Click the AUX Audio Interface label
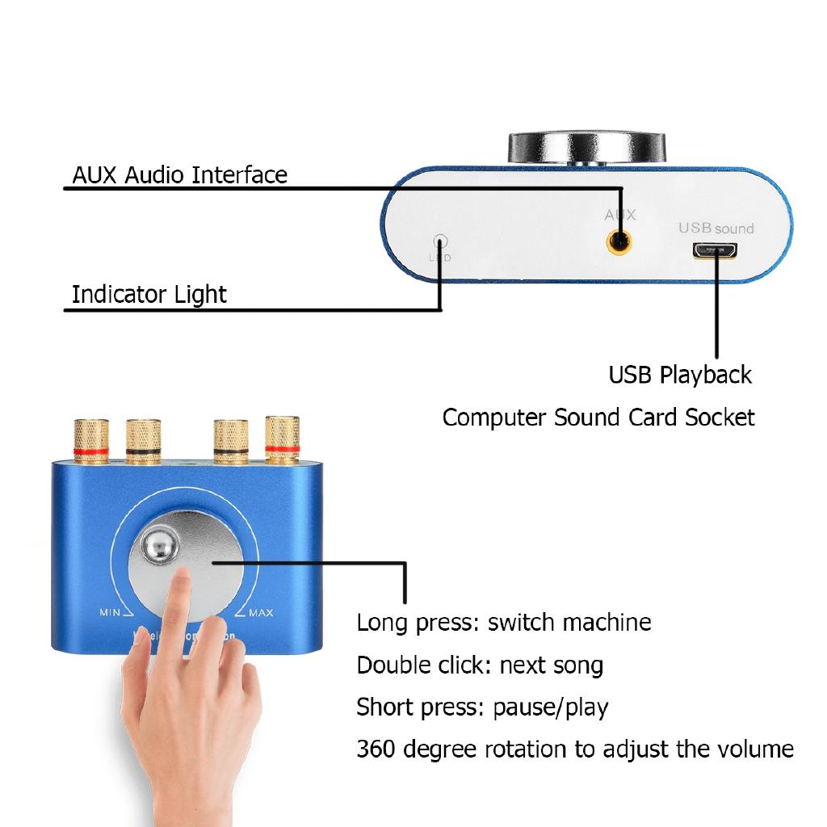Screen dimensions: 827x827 (179, 174)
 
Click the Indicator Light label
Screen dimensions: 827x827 (149, 294)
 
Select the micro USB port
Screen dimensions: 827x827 (713, 251)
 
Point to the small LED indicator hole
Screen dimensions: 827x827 (440, 241)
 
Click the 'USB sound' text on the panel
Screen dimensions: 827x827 (716, 229)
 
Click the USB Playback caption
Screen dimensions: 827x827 (680, 375)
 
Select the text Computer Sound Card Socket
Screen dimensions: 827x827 (598, 418)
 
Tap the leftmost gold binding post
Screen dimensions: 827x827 (90, 439)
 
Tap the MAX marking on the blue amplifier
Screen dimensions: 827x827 (260, 613)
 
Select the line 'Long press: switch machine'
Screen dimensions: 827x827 (503, 623)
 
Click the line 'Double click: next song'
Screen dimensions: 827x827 (480, 665)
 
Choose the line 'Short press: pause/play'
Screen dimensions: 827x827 (482, 707)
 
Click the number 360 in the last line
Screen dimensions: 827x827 (376, 749)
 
